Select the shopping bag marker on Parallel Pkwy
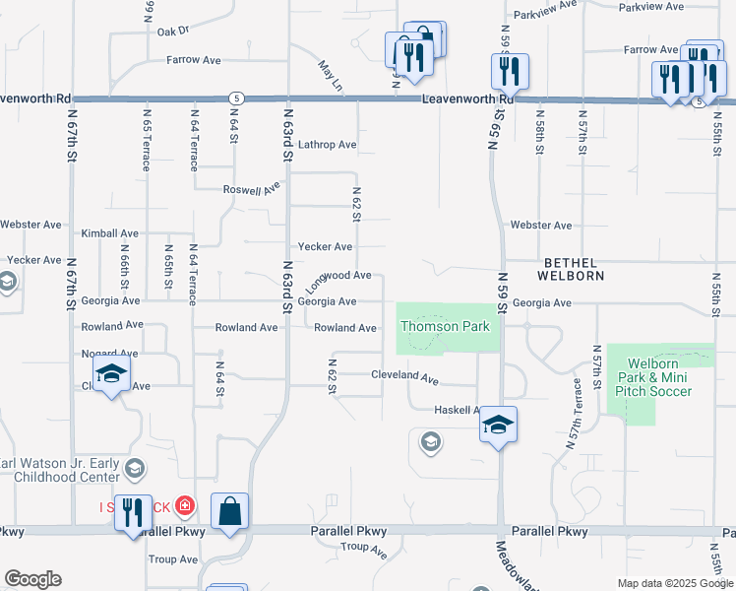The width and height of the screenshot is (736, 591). [x=229, y=513]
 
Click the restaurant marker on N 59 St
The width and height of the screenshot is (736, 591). [x=510, y=71]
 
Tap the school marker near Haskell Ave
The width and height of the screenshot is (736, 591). [x=498, y=425]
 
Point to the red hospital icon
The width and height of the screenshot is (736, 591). [x=187, y=506]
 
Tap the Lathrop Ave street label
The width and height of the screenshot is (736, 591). [x=327, y=145]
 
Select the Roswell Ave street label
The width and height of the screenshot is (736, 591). [x=251, y=189]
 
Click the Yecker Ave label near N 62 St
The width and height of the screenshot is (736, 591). [x=325, y=247]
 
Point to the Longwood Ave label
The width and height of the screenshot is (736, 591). [x=337, y=279]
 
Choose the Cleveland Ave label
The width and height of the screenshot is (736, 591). [x=403, y=376]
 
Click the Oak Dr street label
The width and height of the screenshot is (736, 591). [x=172, y=31]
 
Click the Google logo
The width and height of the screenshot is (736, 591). [x=32, y=579]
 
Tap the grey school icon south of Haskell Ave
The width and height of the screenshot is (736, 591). [x=430, y=442]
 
